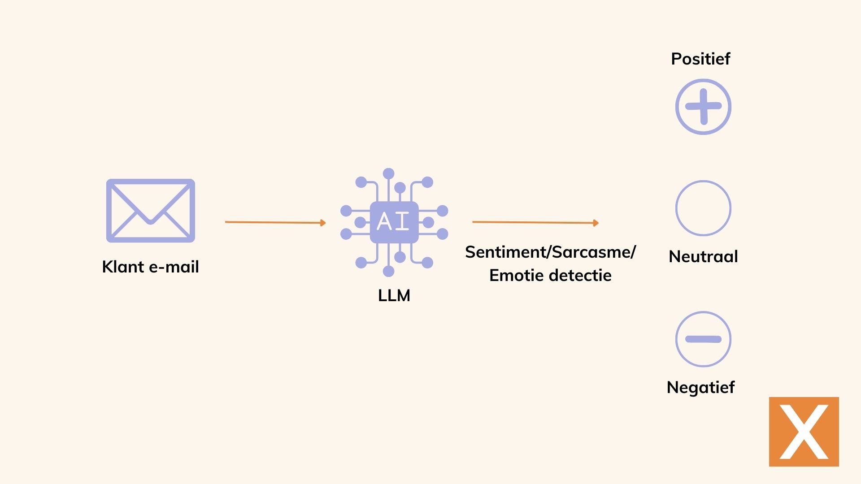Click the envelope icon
point(151,211)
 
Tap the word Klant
point(123,267)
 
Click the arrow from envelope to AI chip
point(275,222)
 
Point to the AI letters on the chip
point(394,221)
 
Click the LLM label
point(394,296)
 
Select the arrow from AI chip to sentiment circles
point(535,222)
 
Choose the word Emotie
point(517,275)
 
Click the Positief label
point(700,59)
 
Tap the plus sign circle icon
point(703,107)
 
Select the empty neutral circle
point(703,208)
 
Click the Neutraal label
point(703,256)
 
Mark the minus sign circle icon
point(703,339)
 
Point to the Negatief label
point(700,387)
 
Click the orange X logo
point(804,432)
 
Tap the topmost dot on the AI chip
point(389,173)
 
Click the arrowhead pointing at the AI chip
point(323,223)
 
